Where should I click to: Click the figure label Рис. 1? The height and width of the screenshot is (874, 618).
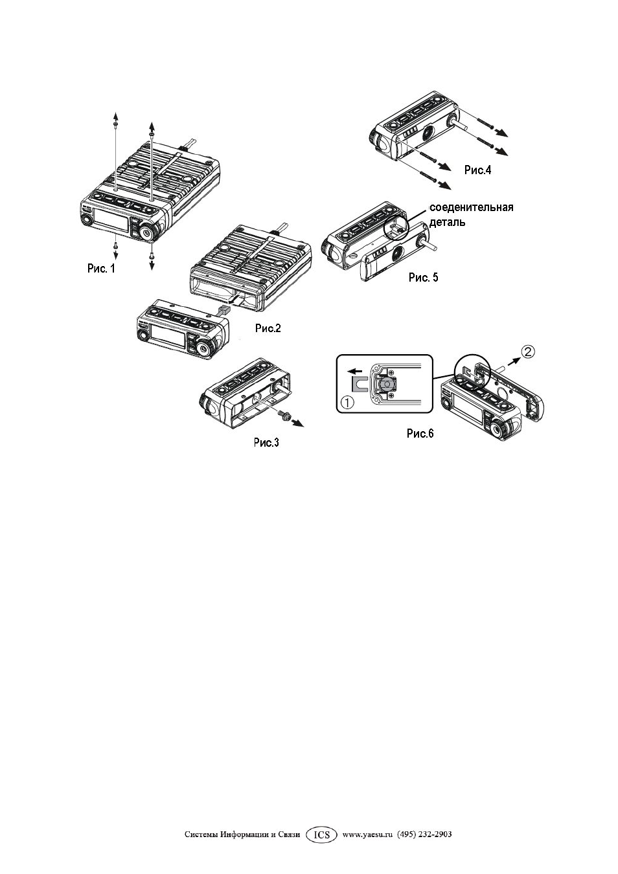[101, 269]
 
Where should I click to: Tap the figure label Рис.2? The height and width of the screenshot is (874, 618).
[268, 328]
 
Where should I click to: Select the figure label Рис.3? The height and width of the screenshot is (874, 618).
[266, 442]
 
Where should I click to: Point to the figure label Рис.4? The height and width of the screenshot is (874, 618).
[478, 170]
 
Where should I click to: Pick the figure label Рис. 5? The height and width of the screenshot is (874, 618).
[423, 278]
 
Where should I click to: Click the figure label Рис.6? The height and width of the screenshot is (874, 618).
[420, 434]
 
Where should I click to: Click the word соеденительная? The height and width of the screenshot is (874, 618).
[471, 207]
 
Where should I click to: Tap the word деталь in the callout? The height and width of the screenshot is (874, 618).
[447, 223]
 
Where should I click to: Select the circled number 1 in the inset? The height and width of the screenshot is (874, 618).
[347, 403]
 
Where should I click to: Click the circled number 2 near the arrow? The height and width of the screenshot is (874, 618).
[527, 352]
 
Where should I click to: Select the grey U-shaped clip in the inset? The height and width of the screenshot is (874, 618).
[359, 384]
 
